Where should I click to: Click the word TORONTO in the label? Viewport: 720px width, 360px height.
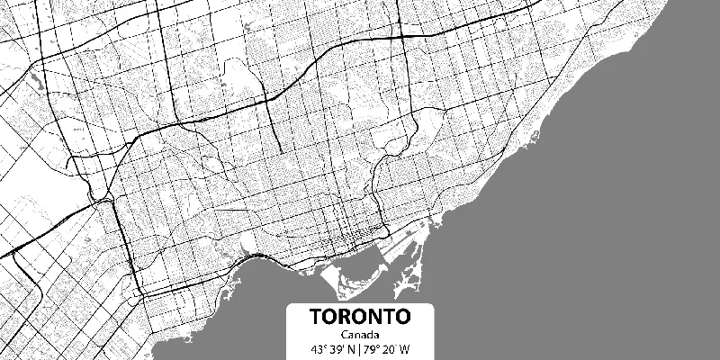[x=360, y=318]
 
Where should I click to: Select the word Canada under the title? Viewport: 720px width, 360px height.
[x=360, y=336]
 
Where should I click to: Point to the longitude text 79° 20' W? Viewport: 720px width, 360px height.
[x=388, y=349]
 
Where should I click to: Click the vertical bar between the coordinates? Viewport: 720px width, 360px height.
[x=359, y=349]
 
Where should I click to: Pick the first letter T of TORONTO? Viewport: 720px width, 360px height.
[x=318, y=318]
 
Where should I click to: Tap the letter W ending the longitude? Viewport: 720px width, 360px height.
[x=405, y=349]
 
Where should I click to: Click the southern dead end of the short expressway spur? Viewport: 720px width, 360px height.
[x=279, y=149]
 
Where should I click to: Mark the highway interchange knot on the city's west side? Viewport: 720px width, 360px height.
[x=94, y=194]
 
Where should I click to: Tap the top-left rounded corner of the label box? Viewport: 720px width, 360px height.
[x=290, y=305]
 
